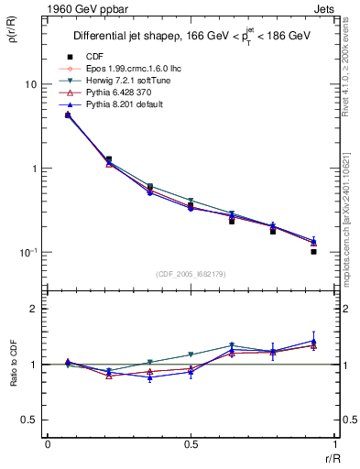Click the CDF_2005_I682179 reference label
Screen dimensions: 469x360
pyautogui.click(x=191, y=275)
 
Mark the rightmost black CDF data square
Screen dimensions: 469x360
pyautogui.click(x=313, y=251)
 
